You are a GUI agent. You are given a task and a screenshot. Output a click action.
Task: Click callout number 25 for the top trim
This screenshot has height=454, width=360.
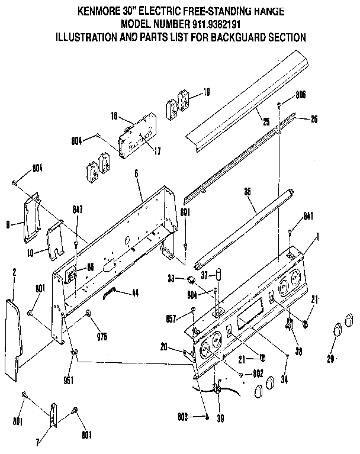[x=266, y=121]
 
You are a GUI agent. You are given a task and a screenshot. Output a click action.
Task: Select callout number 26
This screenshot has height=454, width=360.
[x=314, y=119]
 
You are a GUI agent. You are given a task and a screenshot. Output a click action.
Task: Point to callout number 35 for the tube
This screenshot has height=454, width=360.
[x=248, y=192]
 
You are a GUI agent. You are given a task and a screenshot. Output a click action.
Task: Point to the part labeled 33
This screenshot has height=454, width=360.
[x=191, y=279]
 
